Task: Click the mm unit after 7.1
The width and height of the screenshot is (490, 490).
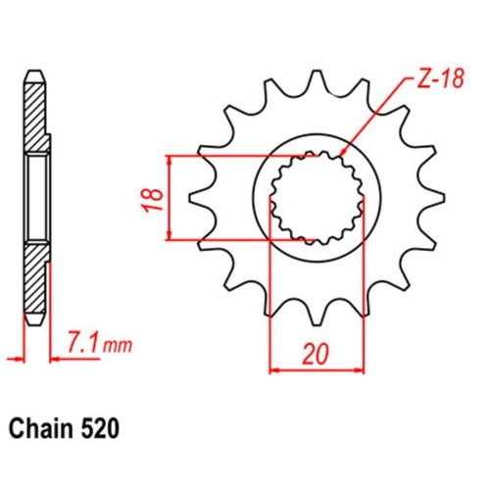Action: pyautogui.click(x=118, y=345)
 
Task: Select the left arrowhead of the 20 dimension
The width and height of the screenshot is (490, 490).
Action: pyautogui.click(x=274, y=371)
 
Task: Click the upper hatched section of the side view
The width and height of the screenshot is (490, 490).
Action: pyautogui.click(x=35, y=113)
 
